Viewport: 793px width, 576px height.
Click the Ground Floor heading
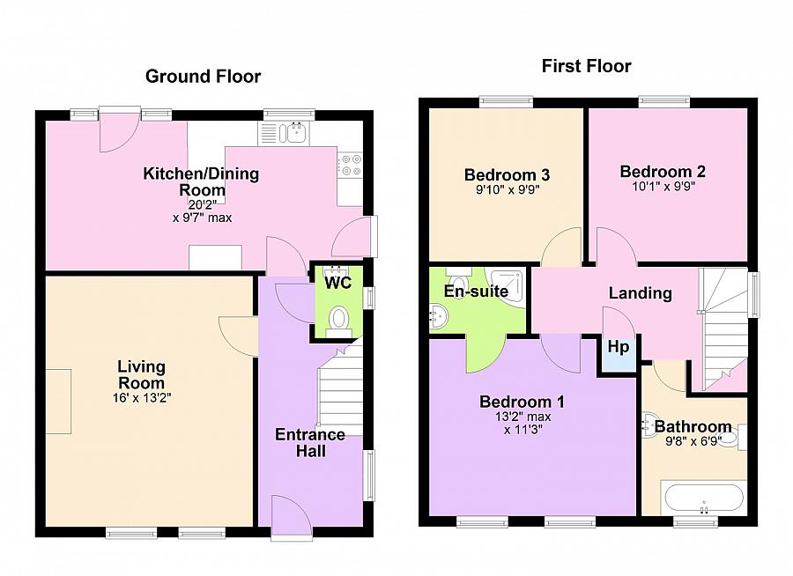[x=203, y=77]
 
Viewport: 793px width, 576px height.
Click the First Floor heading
[x=586, y=66]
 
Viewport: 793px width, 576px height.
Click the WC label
[x=338, y=284]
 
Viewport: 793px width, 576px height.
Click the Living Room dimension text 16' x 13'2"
[x=141, y=397]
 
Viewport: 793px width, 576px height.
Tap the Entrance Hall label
[x=310, y=443]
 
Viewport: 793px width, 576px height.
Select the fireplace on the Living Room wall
[x=59, y=402]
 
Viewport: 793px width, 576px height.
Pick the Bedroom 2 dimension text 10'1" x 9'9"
[x=663, y=187]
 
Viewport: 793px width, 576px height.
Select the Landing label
[x=640, y=293]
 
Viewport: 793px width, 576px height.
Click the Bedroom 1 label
[x=522, y=402]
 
